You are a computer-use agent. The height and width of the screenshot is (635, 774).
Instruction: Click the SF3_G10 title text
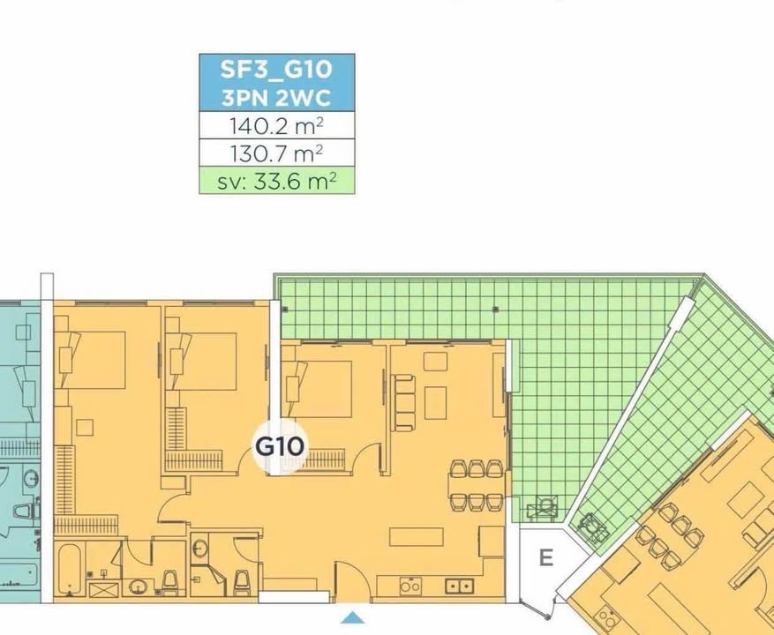(x=276, y=70)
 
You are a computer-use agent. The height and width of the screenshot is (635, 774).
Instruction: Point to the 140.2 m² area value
(x=276, y=125)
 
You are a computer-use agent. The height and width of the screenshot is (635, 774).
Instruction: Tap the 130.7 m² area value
(x=276, y=153)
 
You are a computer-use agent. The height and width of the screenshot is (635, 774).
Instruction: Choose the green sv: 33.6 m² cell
(x=276, y=182)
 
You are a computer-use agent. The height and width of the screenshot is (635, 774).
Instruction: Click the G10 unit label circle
(x=279, y=445)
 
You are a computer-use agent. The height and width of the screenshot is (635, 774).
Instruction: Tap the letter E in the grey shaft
(x=545, y=557)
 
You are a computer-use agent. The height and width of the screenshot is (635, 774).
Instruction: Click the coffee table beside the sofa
(x=435, y=402)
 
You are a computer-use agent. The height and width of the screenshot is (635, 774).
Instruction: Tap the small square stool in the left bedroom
(x=84, y=427)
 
